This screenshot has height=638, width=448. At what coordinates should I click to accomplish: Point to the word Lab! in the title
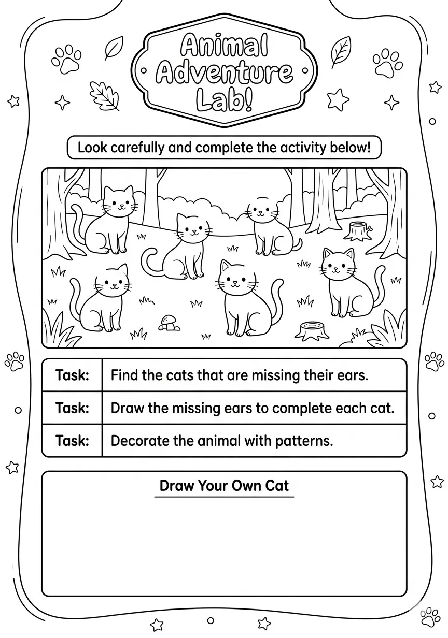[x=224, y=100]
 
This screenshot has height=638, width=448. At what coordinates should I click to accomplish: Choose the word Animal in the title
[x=224, y=45]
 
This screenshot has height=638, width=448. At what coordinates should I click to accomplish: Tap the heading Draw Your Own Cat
[x=224, y=485]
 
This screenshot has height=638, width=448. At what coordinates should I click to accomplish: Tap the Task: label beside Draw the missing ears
[x=72, y=408]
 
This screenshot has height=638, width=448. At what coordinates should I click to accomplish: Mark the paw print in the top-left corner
[x=66, y=59]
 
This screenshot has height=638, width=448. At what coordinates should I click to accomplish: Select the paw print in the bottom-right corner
[x=430, y=617]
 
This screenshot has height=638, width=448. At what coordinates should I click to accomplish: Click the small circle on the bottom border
[x=211, y=620]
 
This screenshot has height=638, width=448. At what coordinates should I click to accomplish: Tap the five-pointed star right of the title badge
[x=338, y=99]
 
